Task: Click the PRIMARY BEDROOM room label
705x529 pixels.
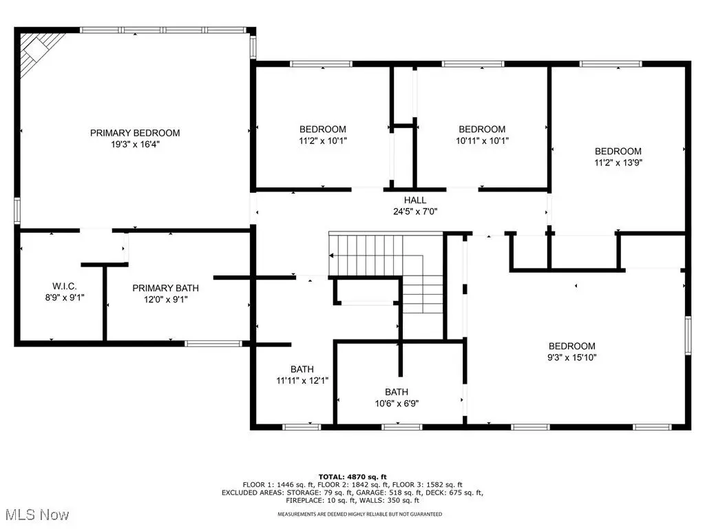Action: [x=135, y=133]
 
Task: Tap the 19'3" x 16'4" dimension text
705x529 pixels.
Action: [x=135, y=145]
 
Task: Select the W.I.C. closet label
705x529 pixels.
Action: [x=65, y=286]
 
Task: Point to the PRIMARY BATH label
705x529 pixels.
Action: [x=165, y=288]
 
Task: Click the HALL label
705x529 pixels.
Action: [x=415, y=200]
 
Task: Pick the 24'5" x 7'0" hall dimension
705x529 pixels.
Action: [x=415, y=211]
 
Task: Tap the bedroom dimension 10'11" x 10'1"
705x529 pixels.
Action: [x=482, y=141]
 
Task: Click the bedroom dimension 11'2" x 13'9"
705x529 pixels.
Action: [x=618, y=163]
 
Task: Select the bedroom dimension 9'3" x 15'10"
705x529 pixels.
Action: [x=572, y=357]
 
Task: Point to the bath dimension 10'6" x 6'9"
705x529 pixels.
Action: [x=397, y=404]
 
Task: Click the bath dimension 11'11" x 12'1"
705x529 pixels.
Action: [x=302, y=380]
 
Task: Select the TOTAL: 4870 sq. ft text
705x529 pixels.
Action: [x=352, y=477]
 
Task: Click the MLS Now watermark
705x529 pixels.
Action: [x=37, y=515]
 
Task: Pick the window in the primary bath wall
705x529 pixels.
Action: [x=213, y=344]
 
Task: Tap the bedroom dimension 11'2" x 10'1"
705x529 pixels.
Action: [x=323, y=141]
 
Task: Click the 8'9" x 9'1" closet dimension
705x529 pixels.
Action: [x=65, y=298]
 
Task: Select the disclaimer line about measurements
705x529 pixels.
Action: [x=359, y=514]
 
